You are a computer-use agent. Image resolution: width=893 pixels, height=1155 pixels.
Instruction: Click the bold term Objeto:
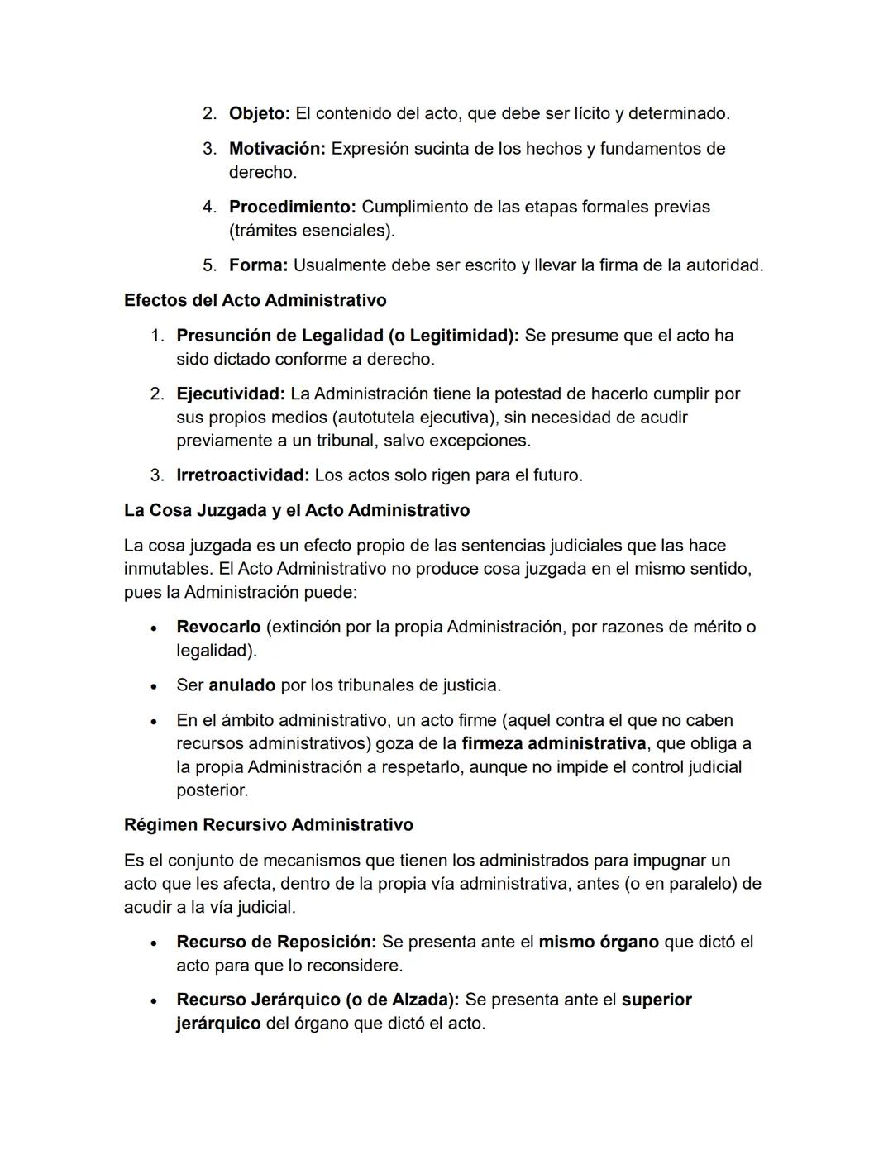point(259,113)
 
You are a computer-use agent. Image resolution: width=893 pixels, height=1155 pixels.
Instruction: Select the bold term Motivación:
point(277,149)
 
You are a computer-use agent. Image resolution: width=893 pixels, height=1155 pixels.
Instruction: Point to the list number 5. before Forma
point(210,265)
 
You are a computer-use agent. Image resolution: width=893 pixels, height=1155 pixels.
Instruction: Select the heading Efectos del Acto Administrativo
point(255,300)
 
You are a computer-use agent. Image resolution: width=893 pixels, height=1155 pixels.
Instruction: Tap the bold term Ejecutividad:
point(230,394)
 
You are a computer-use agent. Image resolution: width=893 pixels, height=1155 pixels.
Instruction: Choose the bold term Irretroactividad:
point(242,475)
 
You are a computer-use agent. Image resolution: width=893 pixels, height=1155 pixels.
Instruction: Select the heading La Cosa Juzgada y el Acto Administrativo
point(296,510)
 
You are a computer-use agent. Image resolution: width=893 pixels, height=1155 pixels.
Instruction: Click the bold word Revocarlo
point(218,627)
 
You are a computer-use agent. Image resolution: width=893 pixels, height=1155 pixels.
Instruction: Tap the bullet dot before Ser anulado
point(154,686)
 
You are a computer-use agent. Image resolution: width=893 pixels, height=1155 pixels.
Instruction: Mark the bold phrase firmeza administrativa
point(553,743)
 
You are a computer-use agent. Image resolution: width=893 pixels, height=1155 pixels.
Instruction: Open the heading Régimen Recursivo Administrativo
point(268,825)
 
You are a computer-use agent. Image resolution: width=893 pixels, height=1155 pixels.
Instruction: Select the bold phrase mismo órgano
point(598,942)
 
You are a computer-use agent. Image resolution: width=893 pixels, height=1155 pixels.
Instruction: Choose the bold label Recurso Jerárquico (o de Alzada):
point(318,1000)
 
